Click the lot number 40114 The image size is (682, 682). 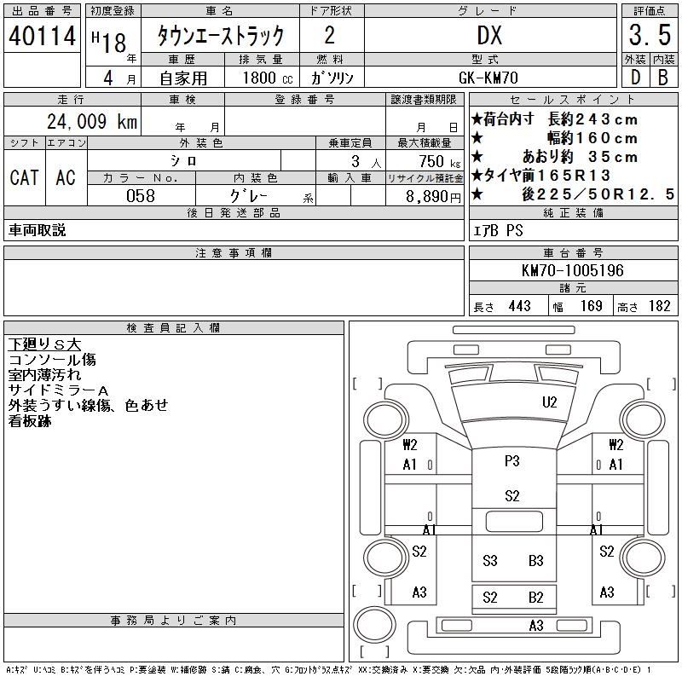(43, 36)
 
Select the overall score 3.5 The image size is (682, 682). (648, 36)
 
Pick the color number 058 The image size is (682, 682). (142, 196)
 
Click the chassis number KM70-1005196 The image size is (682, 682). (573, 271)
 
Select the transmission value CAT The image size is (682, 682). (24, 177)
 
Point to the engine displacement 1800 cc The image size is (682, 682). (261, 78)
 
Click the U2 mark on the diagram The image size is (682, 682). (549, 402)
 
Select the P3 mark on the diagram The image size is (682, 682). (511, 461)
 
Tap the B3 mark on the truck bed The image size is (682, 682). (535, 560)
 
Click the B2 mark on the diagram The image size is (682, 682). (535, 597)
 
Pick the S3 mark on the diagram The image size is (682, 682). (489, 560)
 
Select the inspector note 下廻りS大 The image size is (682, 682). (44, 344)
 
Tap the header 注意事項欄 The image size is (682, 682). (234, 253)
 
